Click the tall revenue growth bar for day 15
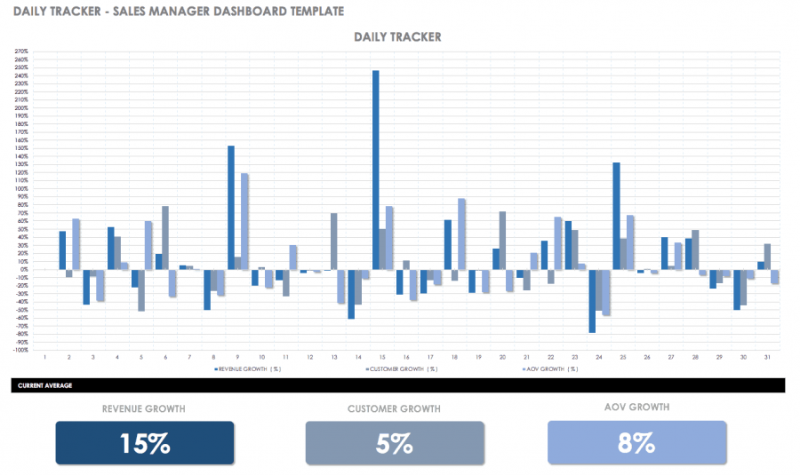[376, 169]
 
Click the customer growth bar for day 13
[333, 241]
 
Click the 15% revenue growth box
[145, 442]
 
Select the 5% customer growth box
[395, 442]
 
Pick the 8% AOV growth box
[636, 442]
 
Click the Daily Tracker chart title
[397, 37]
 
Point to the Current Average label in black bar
[45, 385]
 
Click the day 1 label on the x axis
[44, 357]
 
